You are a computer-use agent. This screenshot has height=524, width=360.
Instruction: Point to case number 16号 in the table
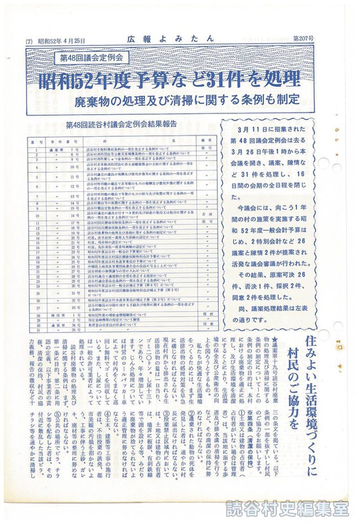[73, 216]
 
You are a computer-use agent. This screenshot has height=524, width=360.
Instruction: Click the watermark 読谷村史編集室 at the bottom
[287, 509]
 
